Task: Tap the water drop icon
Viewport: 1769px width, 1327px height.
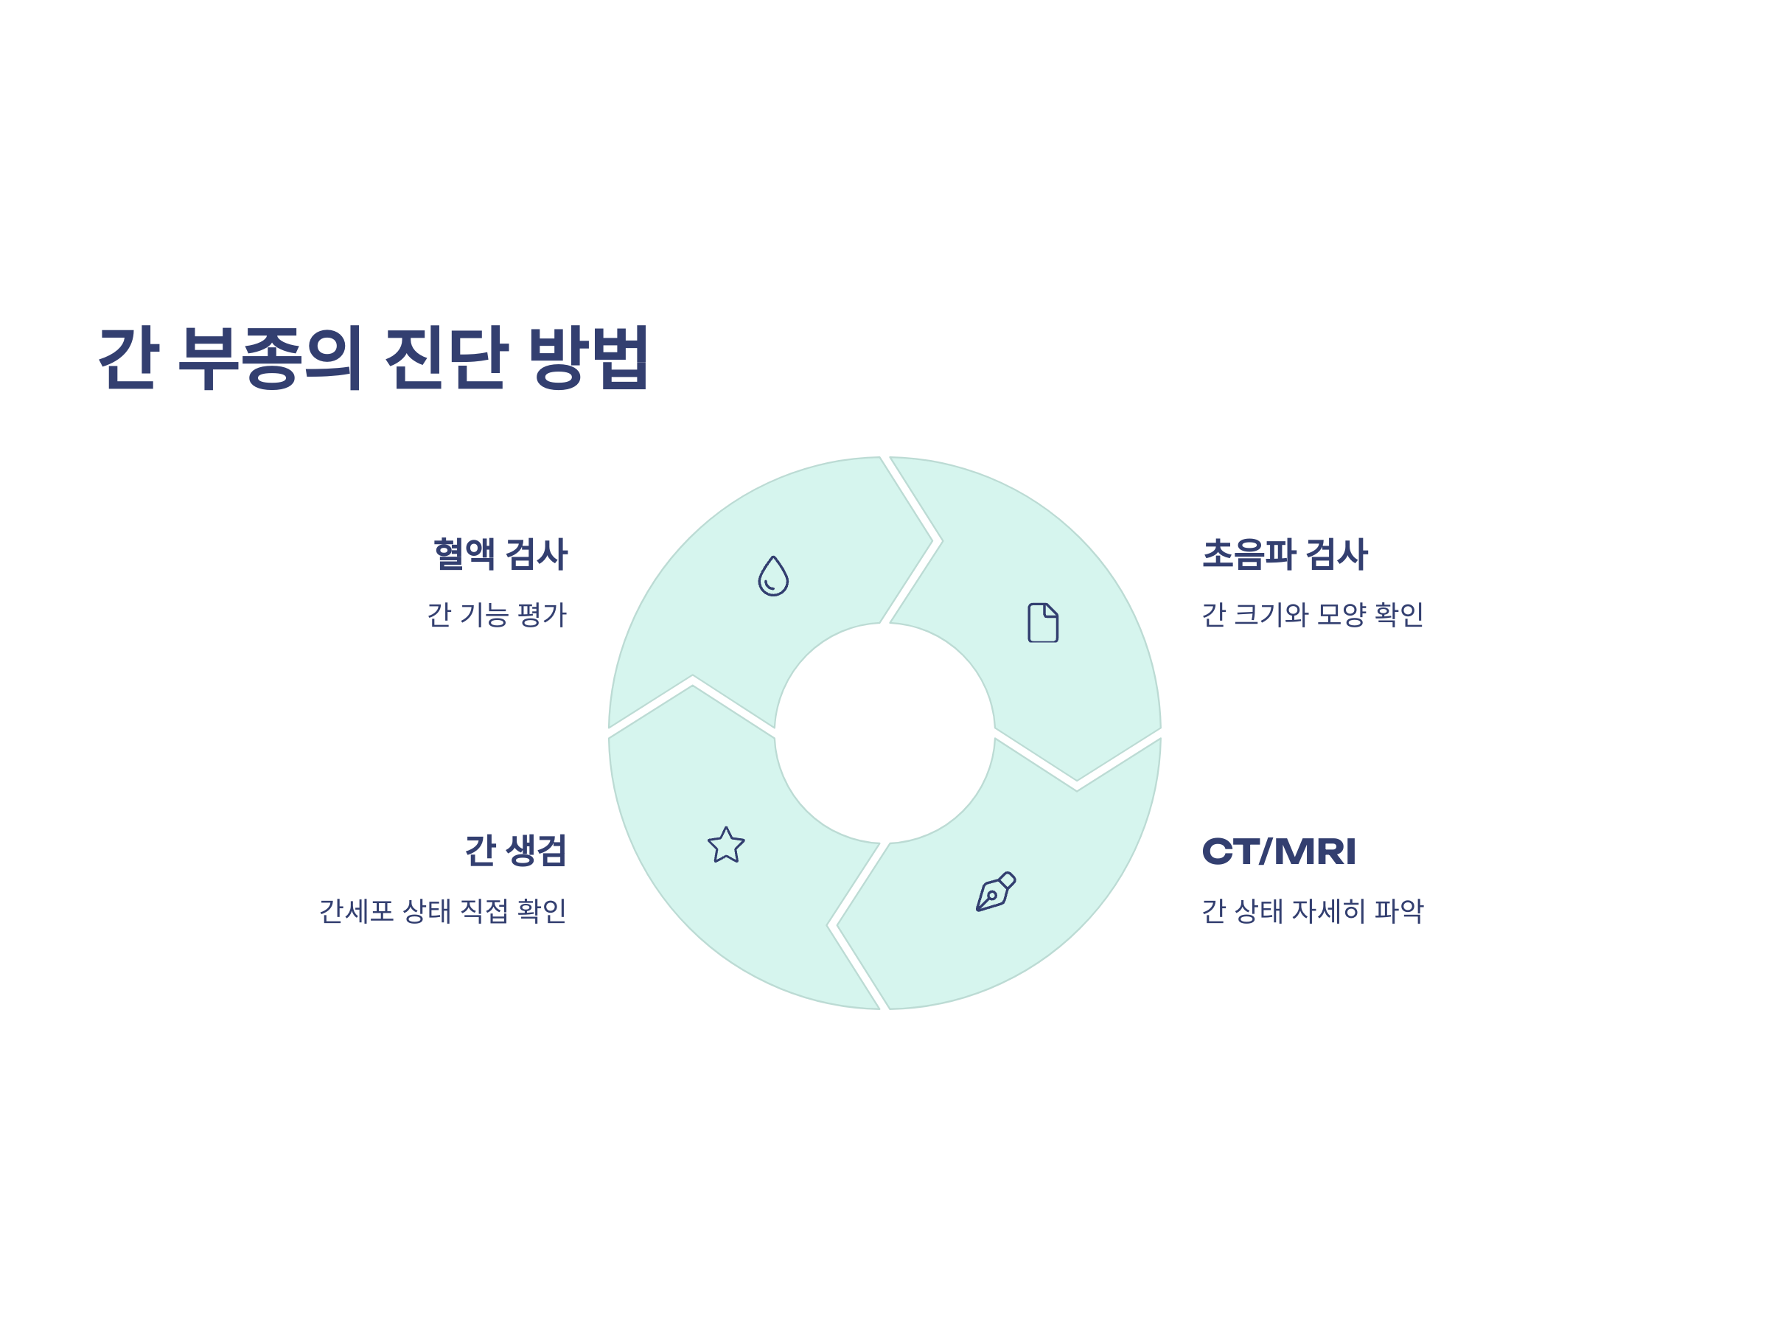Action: (773, 576)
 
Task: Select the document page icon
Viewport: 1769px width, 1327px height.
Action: (1043, 622)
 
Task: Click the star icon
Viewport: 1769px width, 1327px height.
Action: (726, 846)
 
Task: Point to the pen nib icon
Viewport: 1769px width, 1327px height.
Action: (995, 892)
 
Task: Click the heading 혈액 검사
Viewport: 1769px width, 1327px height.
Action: (500, 554)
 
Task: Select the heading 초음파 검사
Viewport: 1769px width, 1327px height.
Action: (1284, 554)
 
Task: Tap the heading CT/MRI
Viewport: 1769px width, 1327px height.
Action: (1279, 851)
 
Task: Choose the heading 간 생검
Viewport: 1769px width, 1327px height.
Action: (515, 850)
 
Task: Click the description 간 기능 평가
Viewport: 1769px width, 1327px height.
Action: (497, 615)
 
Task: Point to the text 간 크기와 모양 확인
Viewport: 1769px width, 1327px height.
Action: (1312, 615)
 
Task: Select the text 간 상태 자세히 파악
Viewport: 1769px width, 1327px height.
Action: (1312, 911)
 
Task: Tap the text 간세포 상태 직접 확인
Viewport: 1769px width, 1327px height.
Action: (442, 911)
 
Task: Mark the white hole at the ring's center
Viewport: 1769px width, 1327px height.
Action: (884, 733)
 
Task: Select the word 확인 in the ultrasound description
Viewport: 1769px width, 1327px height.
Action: (1399, 615)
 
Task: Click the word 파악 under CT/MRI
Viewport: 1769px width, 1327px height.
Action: (1399, 911)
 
